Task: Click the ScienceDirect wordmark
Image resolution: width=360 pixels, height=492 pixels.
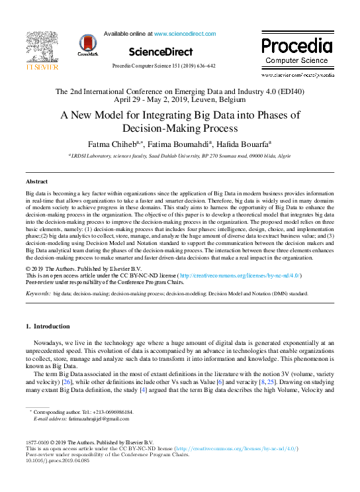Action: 161,52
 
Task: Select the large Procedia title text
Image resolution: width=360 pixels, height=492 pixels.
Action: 296,46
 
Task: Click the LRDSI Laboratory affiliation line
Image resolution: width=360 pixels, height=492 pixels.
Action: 179,156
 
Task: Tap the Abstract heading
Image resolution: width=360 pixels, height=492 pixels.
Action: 36,181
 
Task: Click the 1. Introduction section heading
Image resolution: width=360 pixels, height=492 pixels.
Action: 47,326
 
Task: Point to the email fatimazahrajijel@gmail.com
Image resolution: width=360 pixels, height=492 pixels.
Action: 99,419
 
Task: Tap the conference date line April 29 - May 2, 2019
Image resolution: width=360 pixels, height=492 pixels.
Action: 179,99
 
